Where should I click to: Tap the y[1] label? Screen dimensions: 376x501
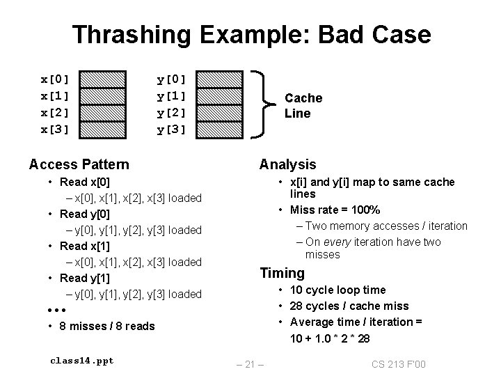tap(171, 94)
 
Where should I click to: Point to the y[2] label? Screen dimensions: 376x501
tap(171, 111)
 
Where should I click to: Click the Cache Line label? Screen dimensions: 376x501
tap(303, 106)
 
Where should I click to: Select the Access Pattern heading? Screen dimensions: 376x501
tap(79, 164)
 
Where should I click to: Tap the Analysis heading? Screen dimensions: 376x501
tap(287, 164)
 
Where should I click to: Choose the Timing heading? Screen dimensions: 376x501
tap(282, 273)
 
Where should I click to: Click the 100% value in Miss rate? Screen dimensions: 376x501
tap(365, 210)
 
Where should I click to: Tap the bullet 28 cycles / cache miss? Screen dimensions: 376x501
tap(359, 306)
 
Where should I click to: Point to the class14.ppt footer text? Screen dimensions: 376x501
tap(81, 360)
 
